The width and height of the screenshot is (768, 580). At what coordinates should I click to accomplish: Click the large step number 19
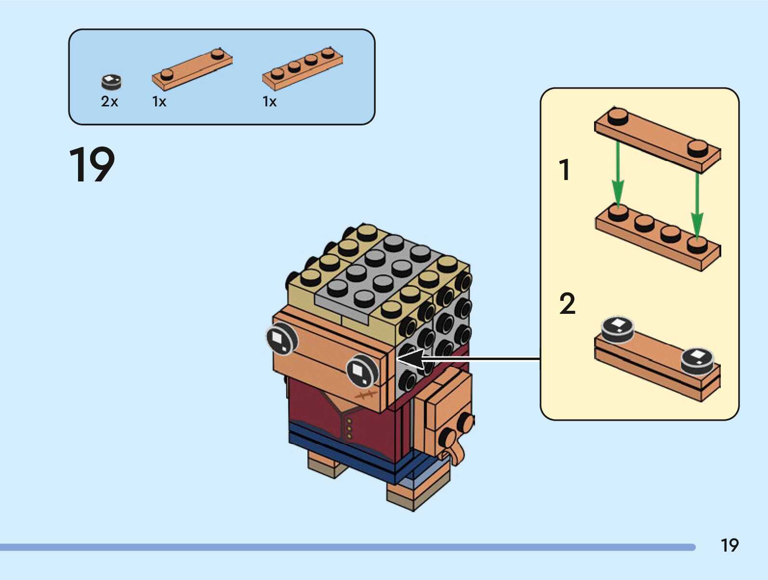(92, 164)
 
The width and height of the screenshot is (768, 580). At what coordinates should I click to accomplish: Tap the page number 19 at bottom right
(729, 545)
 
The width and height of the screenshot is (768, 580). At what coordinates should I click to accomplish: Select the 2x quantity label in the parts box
(109, 102)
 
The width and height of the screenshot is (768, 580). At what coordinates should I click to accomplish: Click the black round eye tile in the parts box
(111, 82)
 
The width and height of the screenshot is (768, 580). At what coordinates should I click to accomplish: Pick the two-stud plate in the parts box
(192, 69)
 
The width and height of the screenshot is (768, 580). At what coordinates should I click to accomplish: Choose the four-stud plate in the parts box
(303, 69)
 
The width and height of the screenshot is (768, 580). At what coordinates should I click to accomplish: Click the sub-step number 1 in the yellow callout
(565, 170)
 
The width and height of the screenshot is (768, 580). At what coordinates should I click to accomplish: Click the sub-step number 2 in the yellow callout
(567, 303)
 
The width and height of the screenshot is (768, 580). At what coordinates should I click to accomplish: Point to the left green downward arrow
(618, 174)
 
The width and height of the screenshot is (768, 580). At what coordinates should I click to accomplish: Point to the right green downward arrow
(697, 206)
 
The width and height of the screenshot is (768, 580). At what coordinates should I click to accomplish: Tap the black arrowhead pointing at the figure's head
(410, 359)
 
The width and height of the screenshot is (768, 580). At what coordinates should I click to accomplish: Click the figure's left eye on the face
(282, 338)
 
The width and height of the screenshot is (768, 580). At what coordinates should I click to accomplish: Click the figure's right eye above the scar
(362, 371)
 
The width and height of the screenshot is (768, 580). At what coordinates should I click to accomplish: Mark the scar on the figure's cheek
(366, 395)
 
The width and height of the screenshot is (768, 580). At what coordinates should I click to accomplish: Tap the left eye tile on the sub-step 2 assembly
(618, 330)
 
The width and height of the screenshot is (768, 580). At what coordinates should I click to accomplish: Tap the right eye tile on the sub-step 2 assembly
(697, 361)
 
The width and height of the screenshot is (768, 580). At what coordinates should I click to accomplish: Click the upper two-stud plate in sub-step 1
(658, 140)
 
